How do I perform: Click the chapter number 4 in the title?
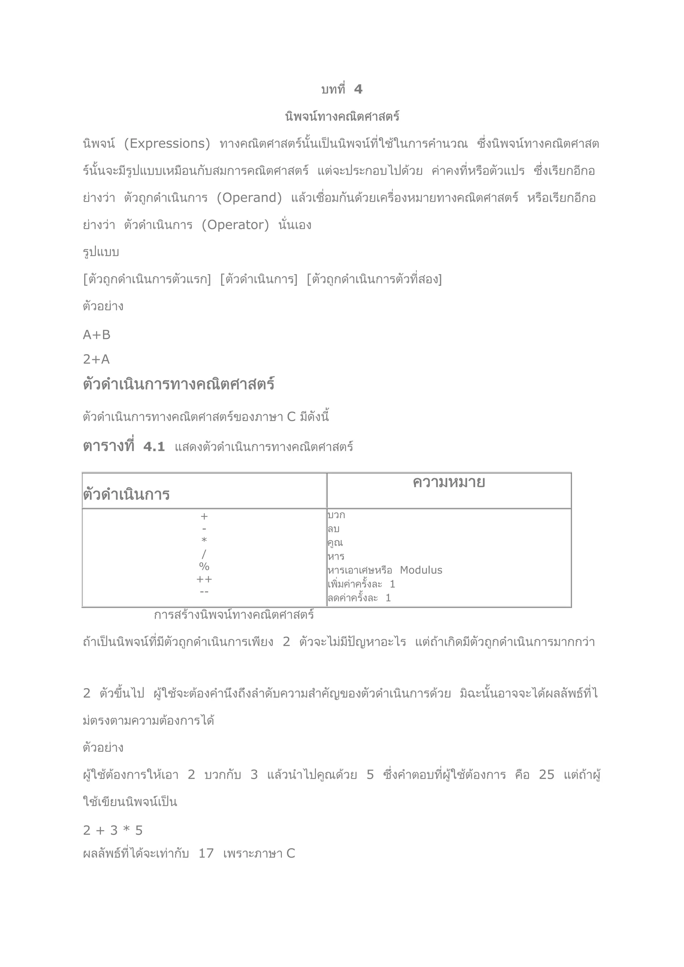pyautogui.click(x=358, y=89)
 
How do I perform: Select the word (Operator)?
pyautogui.click(x=235, y=225)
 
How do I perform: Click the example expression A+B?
pyautogui.click(x=97, y=335)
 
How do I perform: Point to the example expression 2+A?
pyautogui.click(x=97, y=359)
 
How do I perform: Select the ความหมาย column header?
pyautogui.click(x=449, y=482)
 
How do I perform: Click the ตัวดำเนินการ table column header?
pyautogui.click(x=126, y=494)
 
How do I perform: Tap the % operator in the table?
pyautogui.click(x=204, y=566)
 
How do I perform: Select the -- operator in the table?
pyautogui.click(x=204, y=592)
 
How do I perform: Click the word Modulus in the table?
pyautogui.click(x=421, y=570)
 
